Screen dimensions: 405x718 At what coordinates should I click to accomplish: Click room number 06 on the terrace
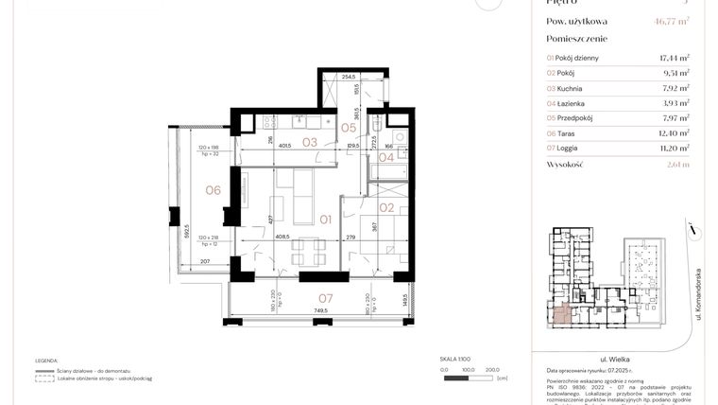213,190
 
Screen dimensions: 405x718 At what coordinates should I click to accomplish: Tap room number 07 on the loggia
324,298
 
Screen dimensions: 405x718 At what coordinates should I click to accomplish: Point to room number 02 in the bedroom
385,207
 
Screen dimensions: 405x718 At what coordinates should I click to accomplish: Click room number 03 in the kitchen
309,143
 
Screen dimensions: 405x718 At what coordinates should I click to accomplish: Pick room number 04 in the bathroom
386,157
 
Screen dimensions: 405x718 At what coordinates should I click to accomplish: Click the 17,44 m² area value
674,58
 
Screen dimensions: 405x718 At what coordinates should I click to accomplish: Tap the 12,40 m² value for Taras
674,133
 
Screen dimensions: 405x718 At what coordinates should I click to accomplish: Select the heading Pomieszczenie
577,39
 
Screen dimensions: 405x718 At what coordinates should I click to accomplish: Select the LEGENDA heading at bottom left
46,361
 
